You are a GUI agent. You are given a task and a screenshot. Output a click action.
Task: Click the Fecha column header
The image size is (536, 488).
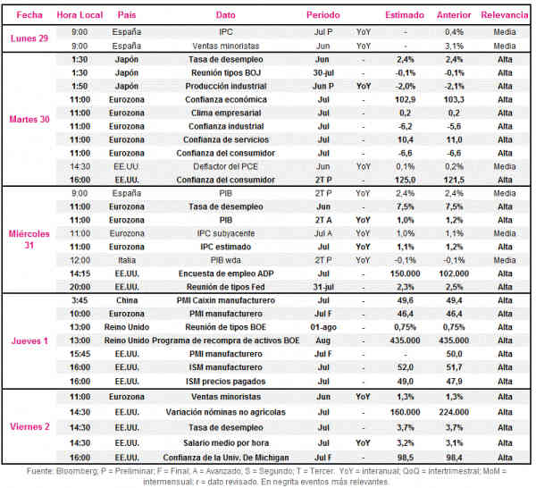tap(29, 15)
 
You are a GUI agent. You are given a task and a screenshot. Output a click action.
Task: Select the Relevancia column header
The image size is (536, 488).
tap(505, 15)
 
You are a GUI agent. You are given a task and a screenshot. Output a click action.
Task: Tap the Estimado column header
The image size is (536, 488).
tap(405, 15)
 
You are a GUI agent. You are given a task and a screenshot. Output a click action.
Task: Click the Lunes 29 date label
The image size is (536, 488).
tap(29, 38)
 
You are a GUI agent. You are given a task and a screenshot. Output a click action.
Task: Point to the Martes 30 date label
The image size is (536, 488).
tap(29, 120)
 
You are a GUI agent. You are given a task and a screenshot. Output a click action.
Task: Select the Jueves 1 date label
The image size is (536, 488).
tap(29, 341)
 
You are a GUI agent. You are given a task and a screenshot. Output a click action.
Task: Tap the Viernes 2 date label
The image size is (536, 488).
tap(29, 427)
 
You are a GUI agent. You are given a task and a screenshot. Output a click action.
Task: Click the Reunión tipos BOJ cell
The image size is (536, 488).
tap(226, 72)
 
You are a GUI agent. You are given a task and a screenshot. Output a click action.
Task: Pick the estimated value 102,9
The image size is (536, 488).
tap(405, 99)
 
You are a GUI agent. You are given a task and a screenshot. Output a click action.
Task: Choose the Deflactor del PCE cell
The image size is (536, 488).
tap(225, 166)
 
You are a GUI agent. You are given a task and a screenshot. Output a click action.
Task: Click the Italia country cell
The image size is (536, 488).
tap(127, 260)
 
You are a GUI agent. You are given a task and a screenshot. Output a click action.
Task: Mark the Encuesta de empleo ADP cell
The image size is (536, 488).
tap(226, 273)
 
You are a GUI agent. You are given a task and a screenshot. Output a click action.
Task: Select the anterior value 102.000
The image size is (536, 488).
tap(454, 273)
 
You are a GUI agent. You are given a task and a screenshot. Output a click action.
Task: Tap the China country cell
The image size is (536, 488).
tap(127, 300)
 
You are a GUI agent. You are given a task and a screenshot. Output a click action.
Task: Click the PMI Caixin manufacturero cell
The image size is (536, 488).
tap(226, 300)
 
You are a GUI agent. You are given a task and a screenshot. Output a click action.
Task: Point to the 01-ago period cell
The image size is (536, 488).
tap(323, 327)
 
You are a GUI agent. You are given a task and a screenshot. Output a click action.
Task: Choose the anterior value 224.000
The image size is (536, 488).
tap(454, 412)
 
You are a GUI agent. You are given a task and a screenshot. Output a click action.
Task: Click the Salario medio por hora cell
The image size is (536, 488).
tap(226, 442)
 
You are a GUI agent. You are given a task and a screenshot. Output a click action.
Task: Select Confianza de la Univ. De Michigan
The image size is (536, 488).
tap(226, 458)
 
